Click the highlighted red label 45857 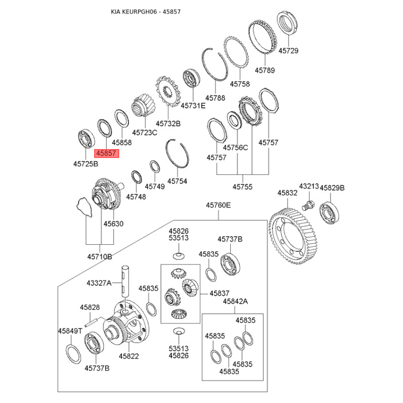(106, 153)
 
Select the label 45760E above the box (218, 205)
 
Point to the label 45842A (235, 301)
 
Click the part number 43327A (99, 283)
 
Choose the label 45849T (70, 331)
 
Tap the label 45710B (99, 256)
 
